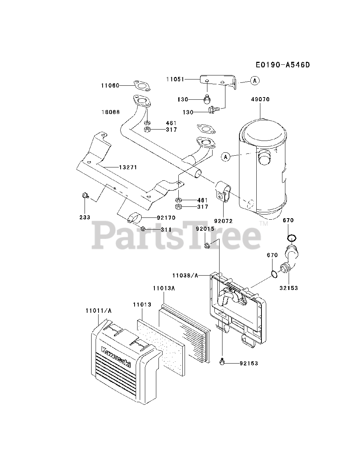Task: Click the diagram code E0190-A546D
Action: pos(283,65)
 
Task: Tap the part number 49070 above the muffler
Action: pos(260,99)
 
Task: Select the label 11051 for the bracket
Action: pos(175,79)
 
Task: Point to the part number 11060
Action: pos(110,86)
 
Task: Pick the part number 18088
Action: pos(111,112)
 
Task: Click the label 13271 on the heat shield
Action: pos(128,167)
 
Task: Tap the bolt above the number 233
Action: pos(85,195)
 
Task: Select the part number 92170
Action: pos(166,218)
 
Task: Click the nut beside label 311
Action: pos(143,229)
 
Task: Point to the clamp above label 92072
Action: pos(223,191)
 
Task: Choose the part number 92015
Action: pos(205,229)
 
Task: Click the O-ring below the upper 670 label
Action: pos(292,238)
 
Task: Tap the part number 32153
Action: pos(289,288)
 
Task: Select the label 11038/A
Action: pos(185,276)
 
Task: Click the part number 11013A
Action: pos(164,288)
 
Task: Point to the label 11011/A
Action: pos(99,311)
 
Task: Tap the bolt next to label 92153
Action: pos(222,361)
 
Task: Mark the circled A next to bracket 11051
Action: pos(255,81)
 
